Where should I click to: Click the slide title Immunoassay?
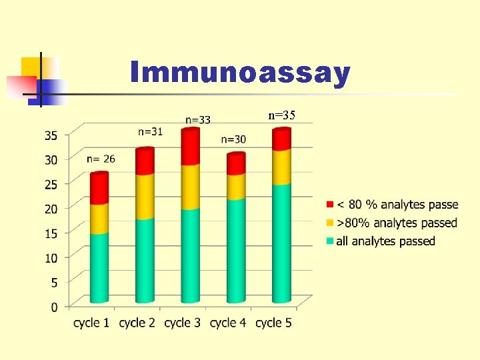(x=240, y=73)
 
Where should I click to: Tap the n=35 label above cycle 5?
(x=281, y=115)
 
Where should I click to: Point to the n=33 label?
(x=197, y=120)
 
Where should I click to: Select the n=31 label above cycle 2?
(x=150, y=131)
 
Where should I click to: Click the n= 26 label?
(x=101, y=159)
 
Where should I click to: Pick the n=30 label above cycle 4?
(x=233, y=139)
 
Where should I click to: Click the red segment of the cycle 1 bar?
(x=99, y=189)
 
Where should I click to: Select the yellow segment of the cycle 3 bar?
(x=190, y=187)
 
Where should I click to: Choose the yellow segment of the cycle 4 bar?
(x=235, y=187)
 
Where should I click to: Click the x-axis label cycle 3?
(x=182, y=323)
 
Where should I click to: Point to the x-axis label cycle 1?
(x=91, y=323)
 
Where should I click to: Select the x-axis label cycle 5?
(x=273, y=323)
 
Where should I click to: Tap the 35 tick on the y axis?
(x=51, y=135)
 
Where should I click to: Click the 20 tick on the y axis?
(x=51, y=209)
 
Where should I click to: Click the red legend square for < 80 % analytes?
(x=330, y=204)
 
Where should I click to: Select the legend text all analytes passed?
(x=385, y=241)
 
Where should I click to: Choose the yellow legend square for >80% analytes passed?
(x=330, y=223)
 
